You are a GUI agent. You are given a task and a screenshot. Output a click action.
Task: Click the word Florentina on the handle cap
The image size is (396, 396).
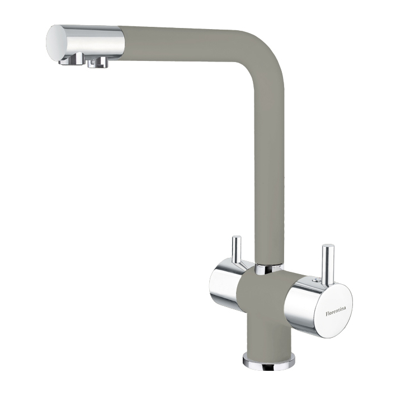pos(336,311)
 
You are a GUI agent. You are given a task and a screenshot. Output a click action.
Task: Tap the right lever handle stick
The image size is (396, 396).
pos(328,266)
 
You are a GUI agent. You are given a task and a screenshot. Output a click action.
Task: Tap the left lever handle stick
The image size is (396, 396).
pos(237,250)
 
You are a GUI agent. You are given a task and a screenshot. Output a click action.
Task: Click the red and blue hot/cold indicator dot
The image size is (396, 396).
pos(315,279)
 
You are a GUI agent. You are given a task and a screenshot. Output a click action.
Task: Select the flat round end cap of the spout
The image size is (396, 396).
pos(55,43)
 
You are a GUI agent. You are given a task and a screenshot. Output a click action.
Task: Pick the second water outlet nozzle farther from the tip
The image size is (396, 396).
pos(98,62)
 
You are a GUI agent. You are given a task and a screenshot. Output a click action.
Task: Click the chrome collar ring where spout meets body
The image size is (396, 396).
pos(269,268)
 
